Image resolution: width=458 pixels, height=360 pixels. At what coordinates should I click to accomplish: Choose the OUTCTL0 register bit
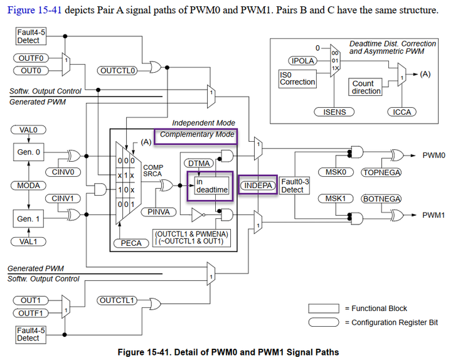pos(117,70)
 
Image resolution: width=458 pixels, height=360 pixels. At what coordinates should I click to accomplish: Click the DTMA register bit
pos(199,164)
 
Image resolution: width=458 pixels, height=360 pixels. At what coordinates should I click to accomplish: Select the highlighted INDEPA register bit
pos(257,186)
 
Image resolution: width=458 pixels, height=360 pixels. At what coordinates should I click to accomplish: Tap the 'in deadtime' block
pos(211,186)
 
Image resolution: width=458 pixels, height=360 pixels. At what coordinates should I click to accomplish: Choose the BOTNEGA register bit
pos(381,199)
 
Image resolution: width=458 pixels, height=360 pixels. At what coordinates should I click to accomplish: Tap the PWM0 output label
pos(434,155)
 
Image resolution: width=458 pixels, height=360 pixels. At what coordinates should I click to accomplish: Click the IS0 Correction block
pos(297,78)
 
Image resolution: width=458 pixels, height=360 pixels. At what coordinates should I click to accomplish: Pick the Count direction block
pos(366,87)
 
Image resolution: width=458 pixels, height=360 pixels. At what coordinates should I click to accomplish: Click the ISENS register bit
pos(334,112)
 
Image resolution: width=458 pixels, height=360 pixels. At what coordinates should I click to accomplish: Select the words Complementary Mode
pos(196,134)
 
